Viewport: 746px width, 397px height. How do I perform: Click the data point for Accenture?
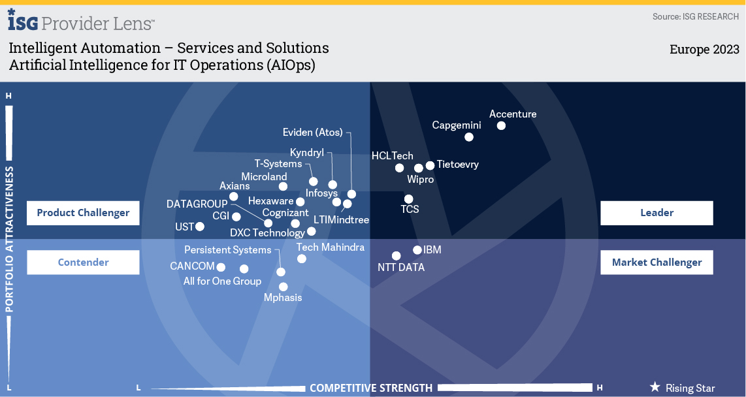(501, 125)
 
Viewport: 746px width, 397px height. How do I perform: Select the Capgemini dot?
(468, 137)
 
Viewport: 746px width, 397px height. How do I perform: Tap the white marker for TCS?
(408, 199)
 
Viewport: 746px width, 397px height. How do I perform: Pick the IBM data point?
(417, 250)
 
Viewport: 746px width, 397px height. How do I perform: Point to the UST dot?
(200, 227)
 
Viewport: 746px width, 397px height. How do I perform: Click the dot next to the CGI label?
(236, 217)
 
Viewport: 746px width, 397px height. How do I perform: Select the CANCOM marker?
(221, 267)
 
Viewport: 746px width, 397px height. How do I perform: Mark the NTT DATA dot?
(396, 256)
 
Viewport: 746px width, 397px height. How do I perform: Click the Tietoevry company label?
(457, 165)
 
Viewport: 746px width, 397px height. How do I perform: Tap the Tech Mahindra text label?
(330, 247)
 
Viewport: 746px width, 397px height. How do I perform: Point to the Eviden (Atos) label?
(312, 133)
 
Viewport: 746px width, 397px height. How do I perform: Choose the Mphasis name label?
(283, 298)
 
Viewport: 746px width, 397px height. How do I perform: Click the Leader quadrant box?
(657, 213)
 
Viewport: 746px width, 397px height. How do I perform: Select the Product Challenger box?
(83, 213)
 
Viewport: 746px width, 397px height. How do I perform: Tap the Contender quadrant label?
(83, 262)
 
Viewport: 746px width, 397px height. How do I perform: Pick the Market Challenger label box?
(657, 262)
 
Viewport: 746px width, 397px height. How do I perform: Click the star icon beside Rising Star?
(655, 387)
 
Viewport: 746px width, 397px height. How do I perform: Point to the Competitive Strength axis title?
(370, 388)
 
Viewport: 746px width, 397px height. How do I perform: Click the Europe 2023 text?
(704, 50)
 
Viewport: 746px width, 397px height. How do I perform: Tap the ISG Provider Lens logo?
(81, 22)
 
